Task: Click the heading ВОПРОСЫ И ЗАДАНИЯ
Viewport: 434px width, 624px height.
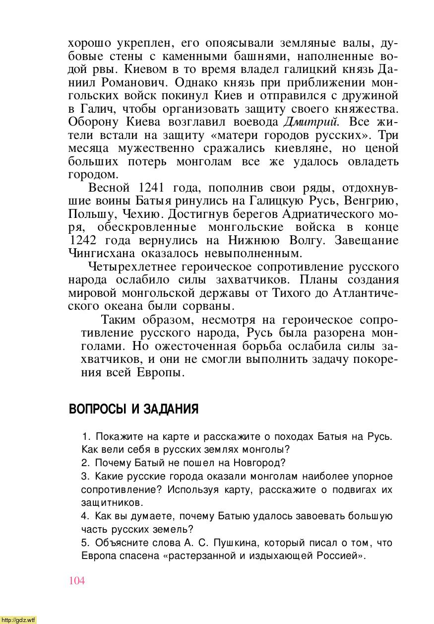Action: pyautogui.click(x=133, y=410)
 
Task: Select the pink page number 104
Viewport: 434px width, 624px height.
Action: pyautogui.click(x=77, y=581)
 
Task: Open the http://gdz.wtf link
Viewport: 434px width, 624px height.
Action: pyautogui.click(x=18, y=620)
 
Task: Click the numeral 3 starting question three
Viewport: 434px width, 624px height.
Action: pyautogui.click(x=84, y=477)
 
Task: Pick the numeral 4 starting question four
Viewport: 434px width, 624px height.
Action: pyautogui.click(x=84, y=516)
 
